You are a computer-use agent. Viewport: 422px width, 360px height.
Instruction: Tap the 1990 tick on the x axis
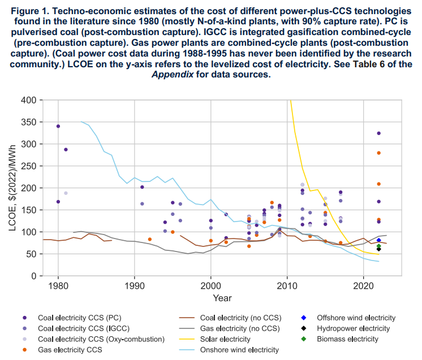point(135,285)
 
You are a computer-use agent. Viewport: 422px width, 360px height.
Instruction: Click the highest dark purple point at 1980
point(58,126)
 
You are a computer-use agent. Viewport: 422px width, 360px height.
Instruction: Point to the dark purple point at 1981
point(66,150)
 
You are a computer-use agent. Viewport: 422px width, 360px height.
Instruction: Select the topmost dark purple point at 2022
point(378,133)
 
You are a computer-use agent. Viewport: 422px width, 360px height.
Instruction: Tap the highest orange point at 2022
point(378,153)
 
